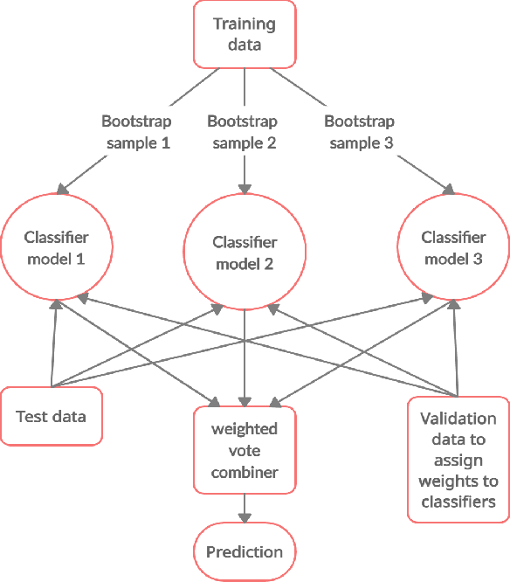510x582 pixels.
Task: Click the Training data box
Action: coord(244,34)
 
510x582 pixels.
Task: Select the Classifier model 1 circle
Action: coord(57,248)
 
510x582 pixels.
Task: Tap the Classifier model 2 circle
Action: coord(245,253)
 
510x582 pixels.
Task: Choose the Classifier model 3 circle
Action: coord(452,248)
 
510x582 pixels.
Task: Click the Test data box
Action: coord(52,416)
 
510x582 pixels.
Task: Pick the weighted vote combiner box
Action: coord(245,451)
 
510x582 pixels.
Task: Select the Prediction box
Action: coord(245,552)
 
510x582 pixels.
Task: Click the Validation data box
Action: coord(458,460)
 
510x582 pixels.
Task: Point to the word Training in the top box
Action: coord(245,24)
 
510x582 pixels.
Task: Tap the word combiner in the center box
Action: coord(245,471)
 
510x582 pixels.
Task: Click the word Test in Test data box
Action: coord(31,416)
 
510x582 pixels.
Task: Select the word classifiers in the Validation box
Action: coord(458,502)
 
